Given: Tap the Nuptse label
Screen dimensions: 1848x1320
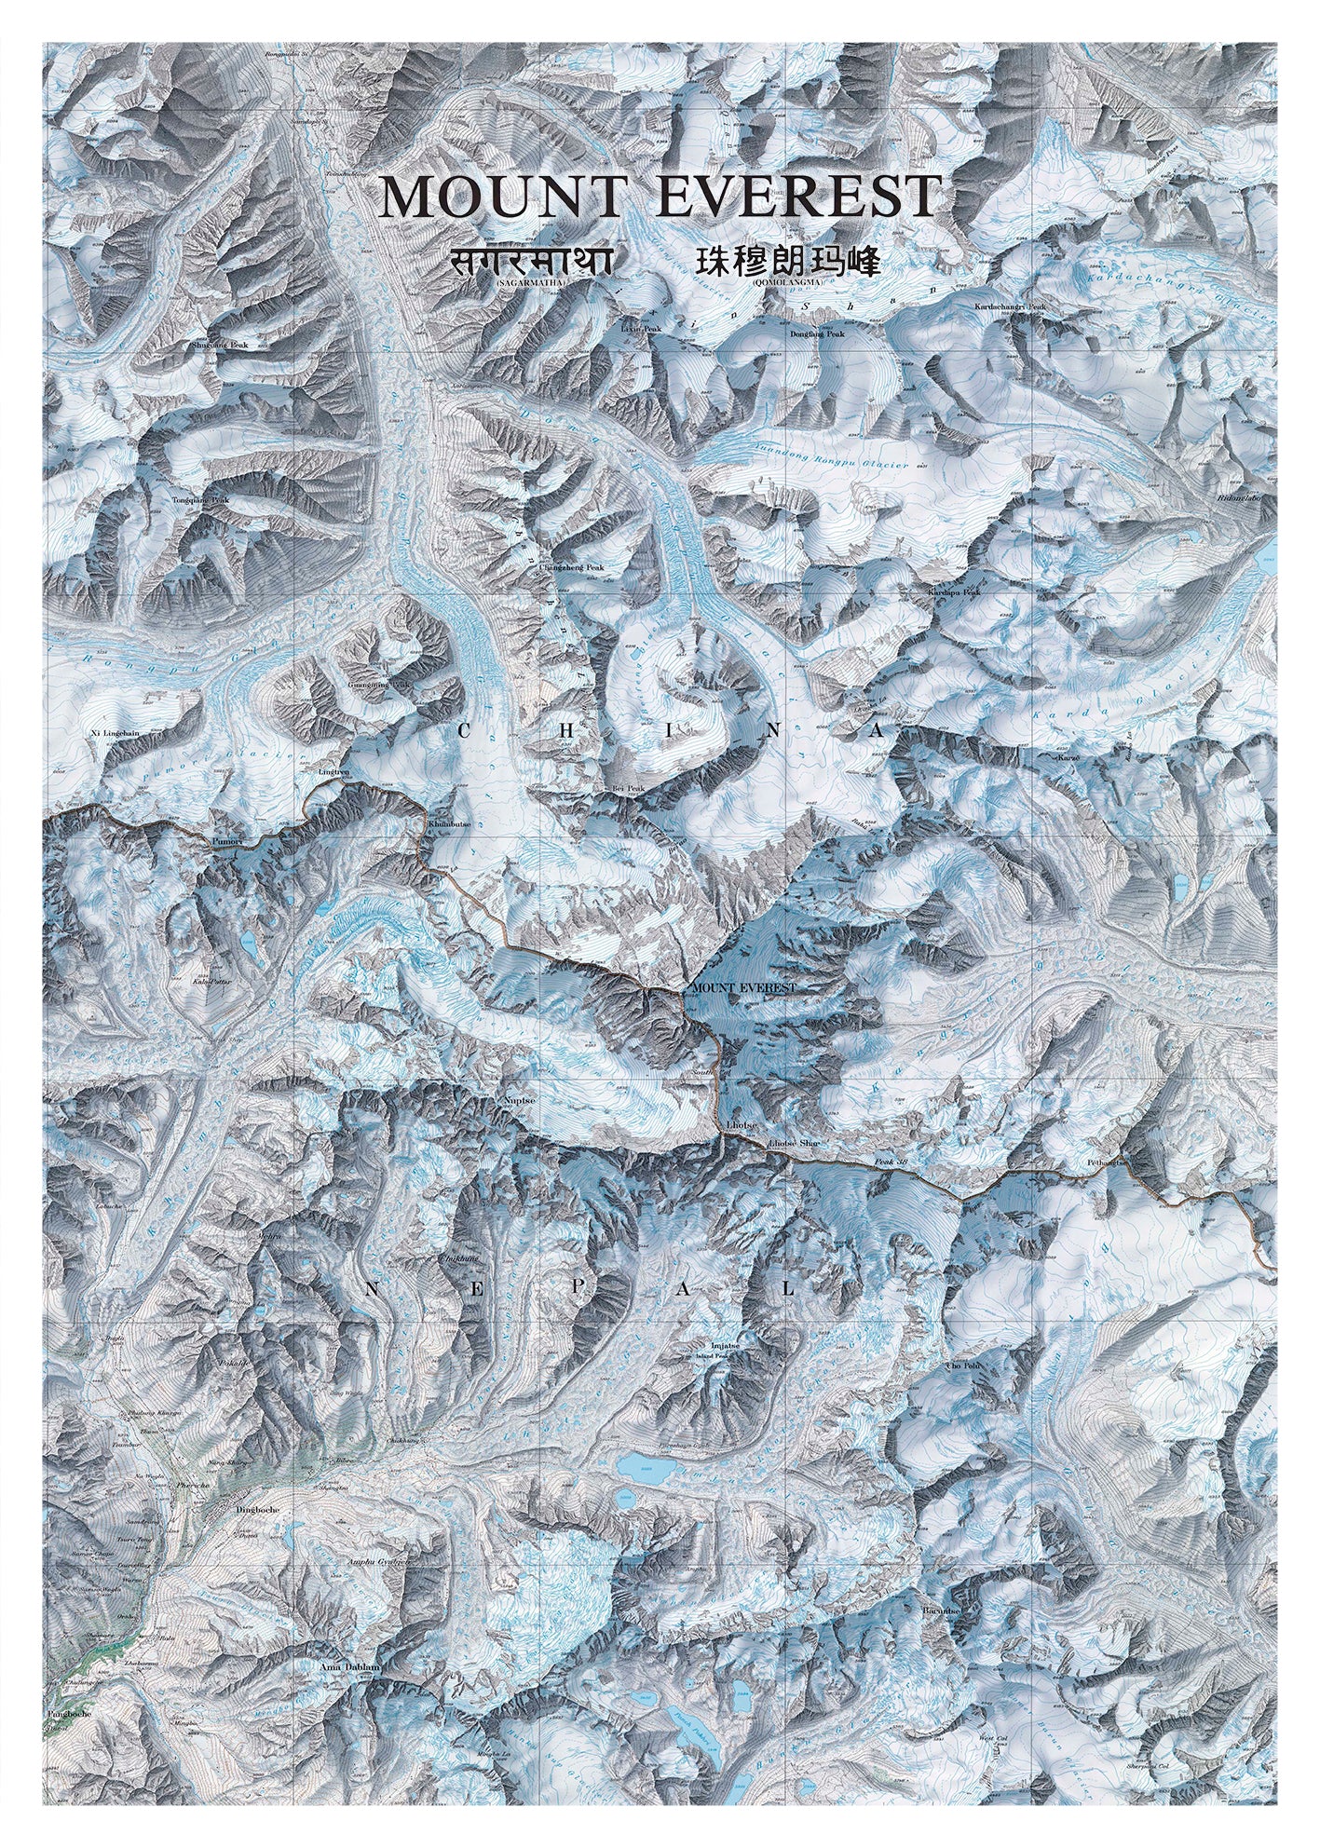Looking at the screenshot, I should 519,1100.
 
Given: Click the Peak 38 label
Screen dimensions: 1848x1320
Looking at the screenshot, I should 890,1163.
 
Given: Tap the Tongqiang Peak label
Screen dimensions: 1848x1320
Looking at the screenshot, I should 200,500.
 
